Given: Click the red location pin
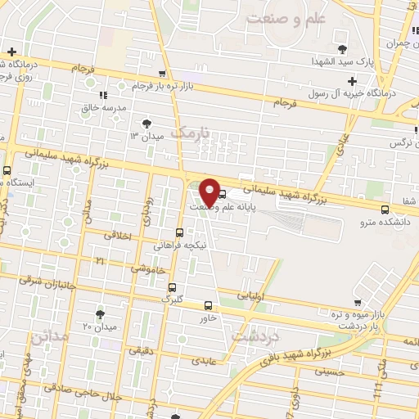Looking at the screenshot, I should point(209,191).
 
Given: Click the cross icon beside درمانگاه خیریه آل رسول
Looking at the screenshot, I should point(352,80).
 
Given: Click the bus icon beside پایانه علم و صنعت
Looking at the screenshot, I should point(223,195).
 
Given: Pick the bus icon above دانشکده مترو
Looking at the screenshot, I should point(385,209).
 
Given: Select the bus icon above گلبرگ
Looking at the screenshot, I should point(171,287).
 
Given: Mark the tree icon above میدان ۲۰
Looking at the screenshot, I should point(100,314).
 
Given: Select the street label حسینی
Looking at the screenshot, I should point(319,372).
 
